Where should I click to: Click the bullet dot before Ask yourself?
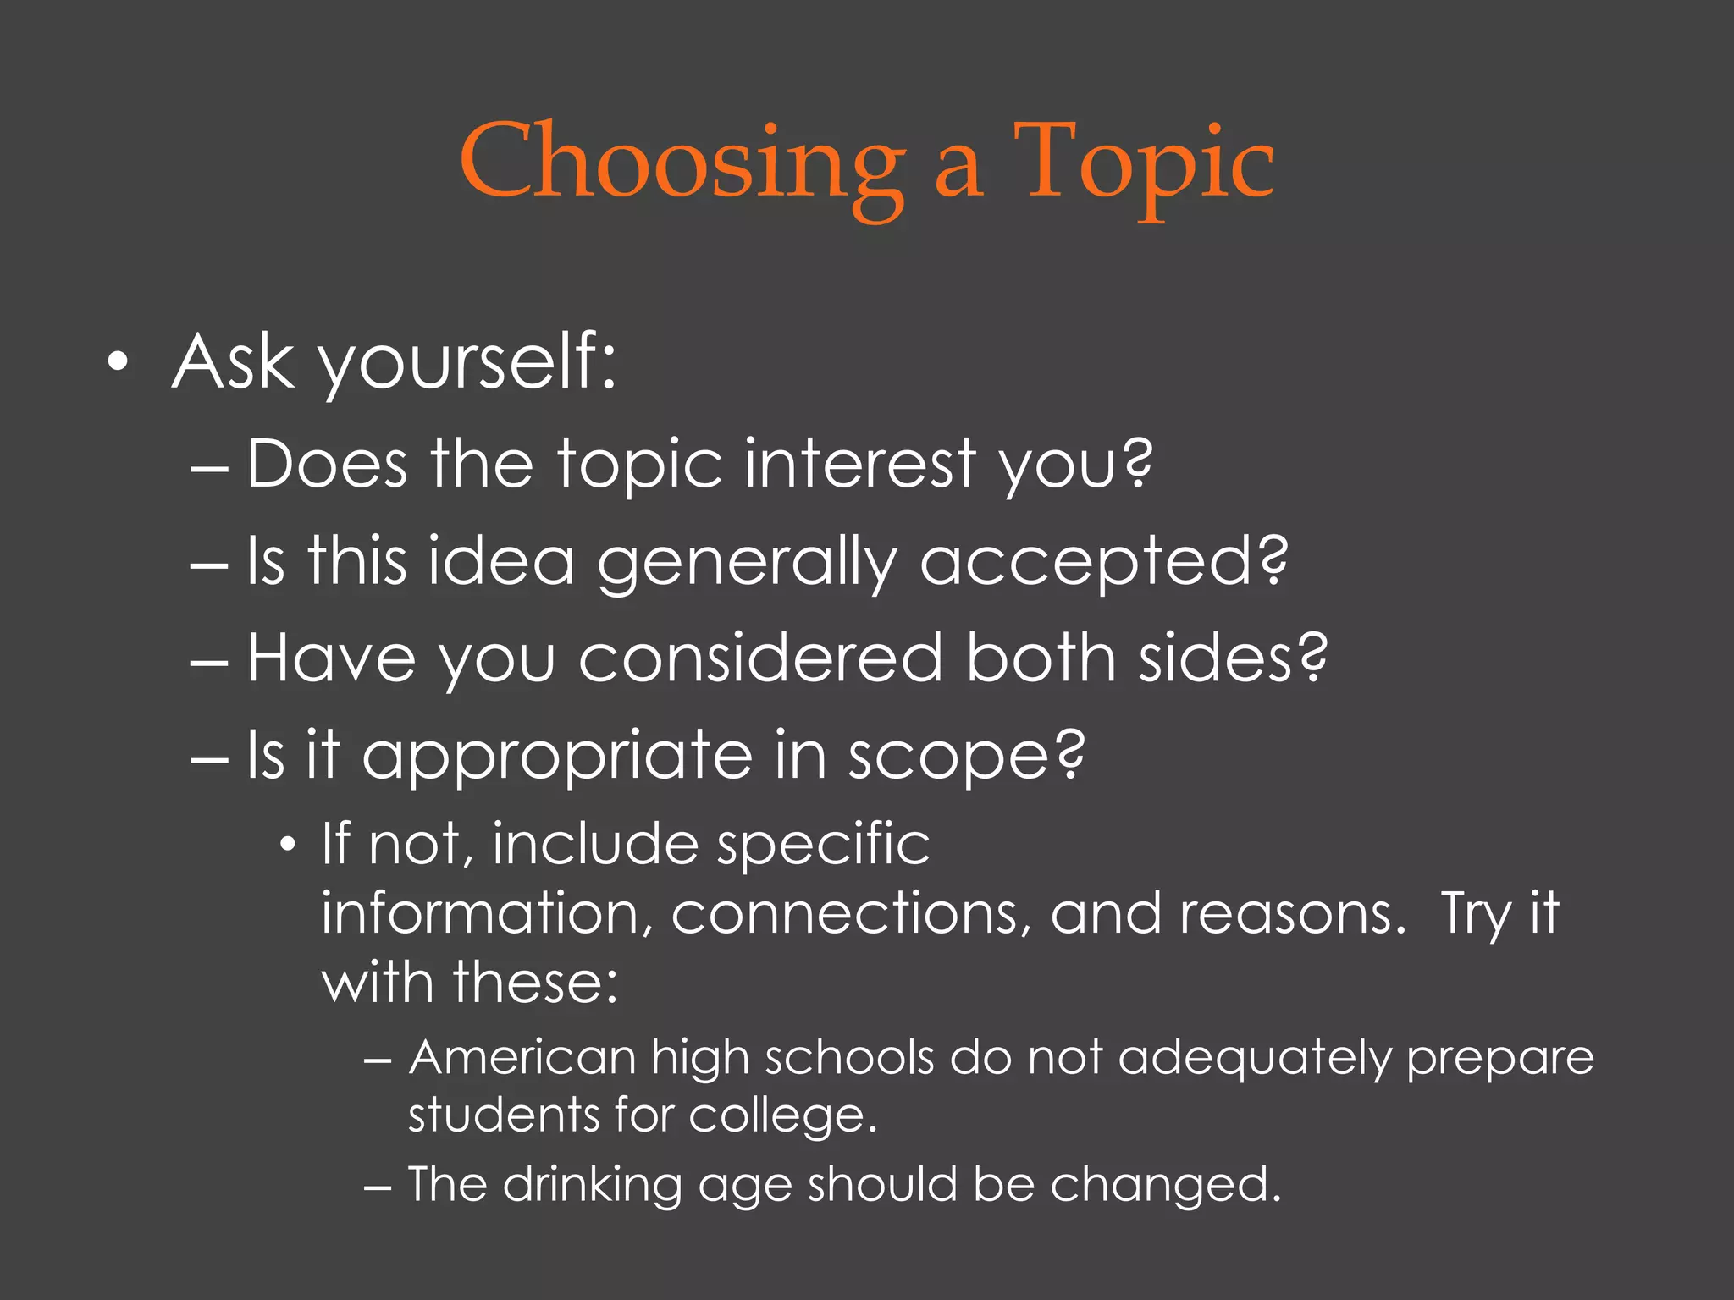tap(119, 363)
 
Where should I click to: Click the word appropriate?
tap(557, 755)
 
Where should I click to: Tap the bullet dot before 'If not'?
tap(289, 845)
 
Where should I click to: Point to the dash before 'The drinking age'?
tap(377, 1187)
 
